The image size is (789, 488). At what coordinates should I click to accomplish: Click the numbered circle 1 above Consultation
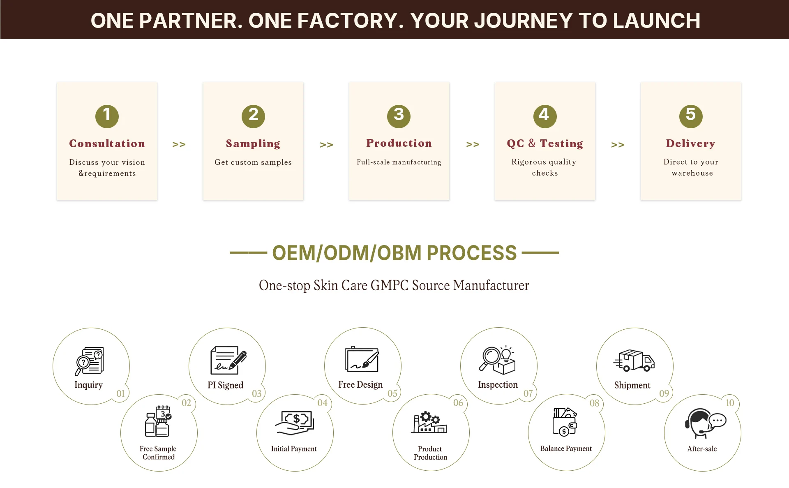click(107, 116)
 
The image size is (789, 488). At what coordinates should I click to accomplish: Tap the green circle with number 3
click(399, 116)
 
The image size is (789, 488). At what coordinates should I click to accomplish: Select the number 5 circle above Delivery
click(690, 116)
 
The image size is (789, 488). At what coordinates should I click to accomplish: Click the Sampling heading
click(253, 143)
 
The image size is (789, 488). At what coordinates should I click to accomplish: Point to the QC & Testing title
click(544, 143)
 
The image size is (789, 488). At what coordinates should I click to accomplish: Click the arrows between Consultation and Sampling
click(179, 144)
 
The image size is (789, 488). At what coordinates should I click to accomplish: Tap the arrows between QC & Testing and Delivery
click(618, 144)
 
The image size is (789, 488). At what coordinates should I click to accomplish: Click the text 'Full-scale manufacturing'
click(399, 162)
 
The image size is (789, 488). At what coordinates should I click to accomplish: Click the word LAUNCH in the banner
click(656, 21)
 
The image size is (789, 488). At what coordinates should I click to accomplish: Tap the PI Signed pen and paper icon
click(228, 360)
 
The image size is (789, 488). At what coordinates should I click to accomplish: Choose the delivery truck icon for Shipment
click(634, 361)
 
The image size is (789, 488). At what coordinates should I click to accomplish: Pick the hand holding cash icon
click(295, 423)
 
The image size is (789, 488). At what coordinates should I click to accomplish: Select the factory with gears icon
click(429, 422)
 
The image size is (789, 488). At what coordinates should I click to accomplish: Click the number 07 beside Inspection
click(528, 393)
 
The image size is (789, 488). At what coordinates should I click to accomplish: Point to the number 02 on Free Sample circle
click(186, 403)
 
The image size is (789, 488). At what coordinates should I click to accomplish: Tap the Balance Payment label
click(566, 449)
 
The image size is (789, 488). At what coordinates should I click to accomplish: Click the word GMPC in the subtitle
click(389, 285)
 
